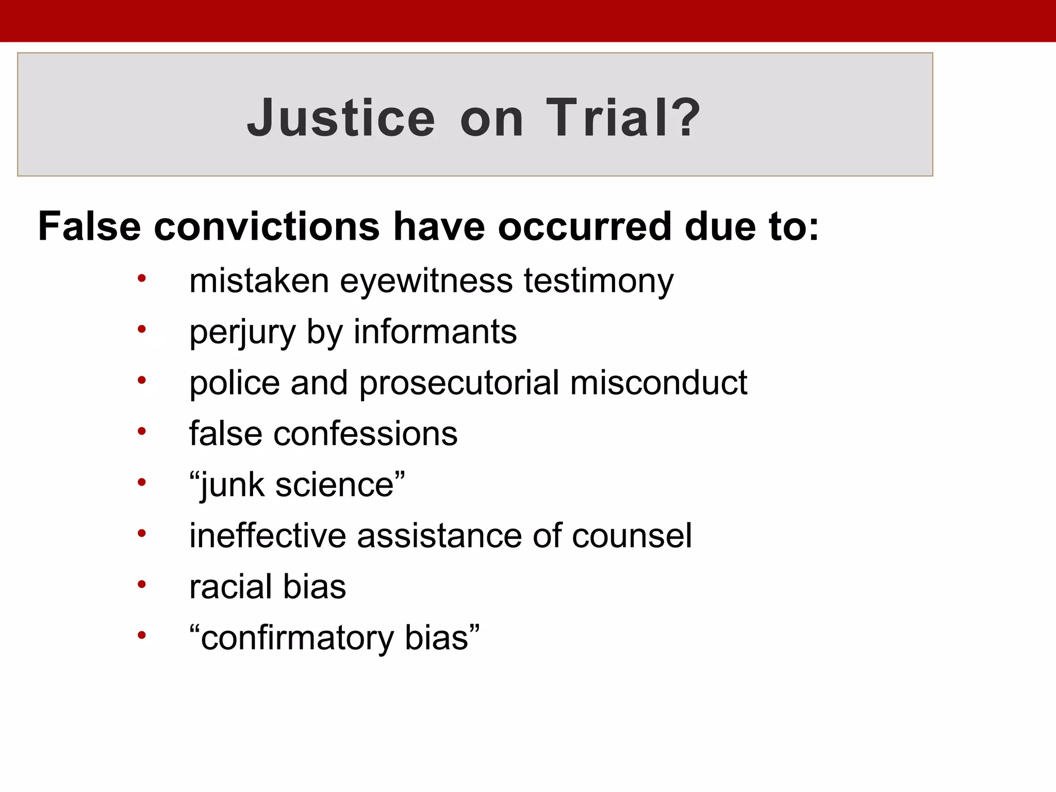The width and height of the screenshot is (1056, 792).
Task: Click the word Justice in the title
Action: pos(341,118)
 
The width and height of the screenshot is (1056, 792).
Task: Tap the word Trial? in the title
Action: pos(623,118)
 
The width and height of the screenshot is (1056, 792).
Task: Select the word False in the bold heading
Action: pos(89,226)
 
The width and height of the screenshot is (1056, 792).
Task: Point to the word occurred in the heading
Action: pos(585,226)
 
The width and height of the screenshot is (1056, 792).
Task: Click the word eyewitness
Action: pos(426,282)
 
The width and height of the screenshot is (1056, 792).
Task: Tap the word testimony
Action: pos(599,282)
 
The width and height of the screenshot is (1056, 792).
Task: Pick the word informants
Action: pos(435,332)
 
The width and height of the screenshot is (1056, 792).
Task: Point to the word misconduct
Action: pos(658,383)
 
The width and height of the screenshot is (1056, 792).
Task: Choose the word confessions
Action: pos(365,434)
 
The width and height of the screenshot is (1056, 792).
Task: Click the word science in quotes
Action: pos(335,485)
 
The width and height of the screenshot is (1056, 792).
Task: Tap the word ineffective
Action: pos(268,536)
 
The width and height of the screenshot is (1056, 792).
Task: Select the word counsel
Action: pos(632,536)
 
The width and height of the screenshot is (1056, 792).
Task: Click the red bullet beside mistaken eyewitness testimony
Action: pos(142,279)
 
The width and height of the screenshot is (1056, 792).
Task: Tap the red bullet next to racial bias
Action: pos(142,585)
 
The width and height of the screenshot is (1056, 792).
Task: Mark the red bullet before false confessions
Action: pos(142,431)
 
